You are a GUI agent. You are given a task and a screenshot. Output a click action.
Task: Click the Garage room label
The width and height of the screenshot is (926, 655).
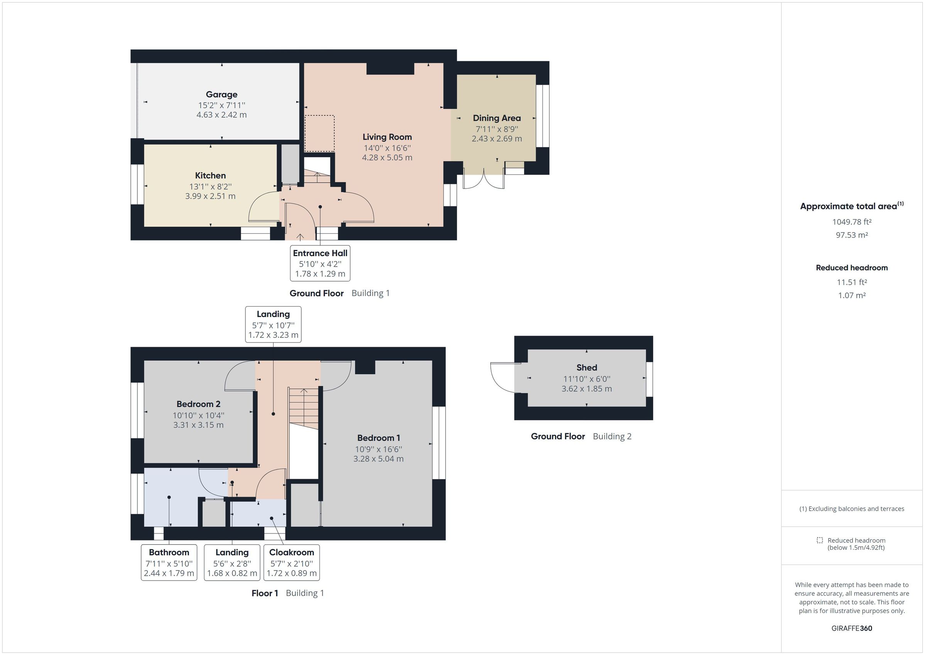click(221, 95)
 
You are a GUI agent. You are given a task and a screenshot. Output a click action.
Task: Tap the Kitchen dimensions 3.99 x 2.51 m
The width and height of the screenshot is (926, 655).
click(210, 196)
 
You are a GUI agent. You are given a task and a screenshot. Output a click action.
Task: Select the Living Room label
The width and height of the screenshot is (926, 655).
click(387, 137)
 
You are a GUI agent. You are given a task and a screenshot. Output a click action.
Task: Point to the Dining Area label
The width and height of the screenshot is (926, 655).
click(497, 118)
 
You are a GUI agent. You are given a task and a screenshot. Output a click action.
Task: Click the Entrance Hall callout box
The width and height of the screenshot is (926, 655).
click(320, 263)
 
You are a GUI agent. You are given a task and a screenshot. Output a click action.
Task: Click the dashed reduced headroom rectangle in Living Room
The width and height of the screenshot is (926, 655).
click(319, 133)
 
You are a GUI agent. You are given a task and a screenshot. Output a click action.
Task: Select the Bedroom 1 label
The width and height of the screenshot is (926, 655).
click(378, 438)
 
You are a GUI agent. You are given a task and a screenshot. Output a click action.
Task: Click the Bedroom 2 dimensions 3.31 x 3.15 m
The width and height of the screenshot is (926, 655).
click(198, 425)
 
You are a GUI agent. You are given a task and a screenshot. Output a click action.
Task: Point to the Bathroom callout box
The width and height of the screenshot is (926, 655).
click(169, 562)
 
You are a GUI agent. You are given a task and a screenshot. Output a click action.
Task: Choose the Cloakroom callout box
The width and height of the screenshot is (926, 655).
click(291, 562)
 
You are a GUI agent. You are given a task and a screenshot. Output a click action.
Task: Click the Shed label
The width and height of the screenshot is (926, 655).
click(586, 368)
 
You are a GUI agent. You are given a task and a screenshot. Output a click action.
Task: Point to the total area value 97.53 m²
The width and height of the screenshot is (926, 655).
click(852, 235)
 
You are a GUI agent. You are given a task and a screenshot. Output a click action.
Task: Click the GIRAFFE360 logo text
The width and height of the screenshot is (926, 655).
click(852, 628)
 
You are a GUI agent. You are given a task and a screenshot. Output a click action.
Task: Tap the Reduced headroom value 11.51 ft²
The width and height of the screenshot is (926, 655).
click(852, 282)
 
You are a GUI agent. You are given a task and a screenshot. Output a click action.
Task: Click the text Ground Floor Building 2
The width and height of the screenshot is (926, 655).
click(581, 436)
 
